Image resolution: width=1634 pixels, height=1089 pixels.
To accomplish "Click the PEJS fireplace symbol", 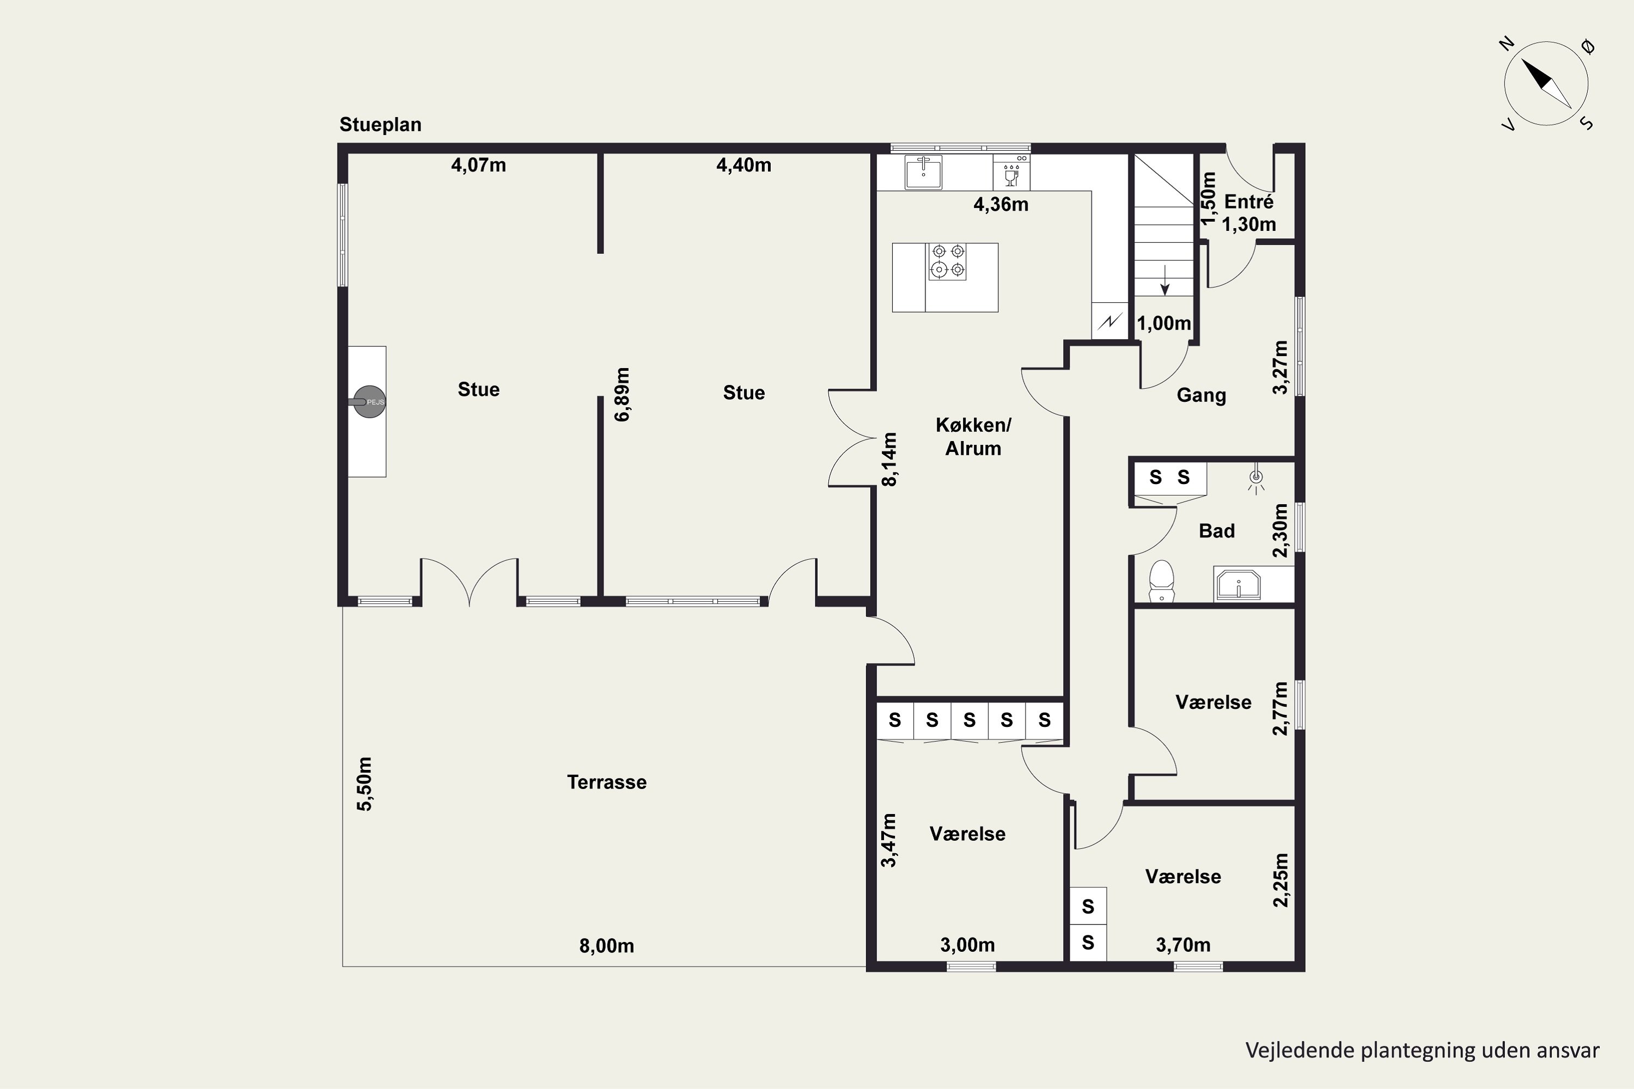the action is click(369, 401).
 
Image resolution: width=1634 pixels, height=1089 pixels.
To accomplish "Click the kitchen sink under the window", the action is click(923, 172).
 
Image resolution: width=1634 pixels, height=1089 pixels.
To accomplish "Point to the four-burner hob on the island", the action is click(948, 261).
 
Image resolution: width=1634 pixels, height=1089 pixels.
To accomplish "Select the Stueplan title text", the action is click(380, 125).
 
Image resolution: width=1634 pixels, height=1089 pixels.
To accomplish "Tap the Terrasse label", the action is click(607, 782).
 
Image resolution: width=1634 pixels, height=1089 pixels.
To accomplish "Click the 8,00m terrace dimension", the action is click(607, 946).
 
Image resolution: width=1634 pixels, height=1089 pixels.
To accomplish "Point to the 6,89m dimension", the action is click(623, 394).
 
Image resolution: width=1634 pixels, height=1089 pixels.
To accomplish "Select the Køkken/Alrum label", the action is click(973, 436).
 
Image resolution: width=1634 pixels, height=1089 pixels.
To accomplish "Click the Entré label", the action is click(1248, 202).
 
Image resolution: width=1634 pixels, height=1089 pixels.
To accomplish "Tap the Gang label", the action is click(1201, 395).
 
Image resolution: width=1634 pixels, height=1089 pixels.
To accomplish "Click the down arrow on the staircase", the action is click(1165, 280).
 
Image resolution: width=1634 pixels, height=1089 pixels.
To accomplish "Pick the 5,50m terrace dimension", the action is click(364, 784).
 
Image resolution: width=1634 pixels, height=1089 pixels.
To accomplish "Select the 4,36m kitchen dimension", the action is click(1001, 205).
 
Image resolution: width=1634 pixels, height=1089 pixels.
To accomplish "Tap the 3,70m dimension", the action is click(1183, 945).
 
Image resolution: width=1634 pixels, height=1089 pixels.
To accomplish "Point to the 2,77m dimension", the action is click(1281, 708).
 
